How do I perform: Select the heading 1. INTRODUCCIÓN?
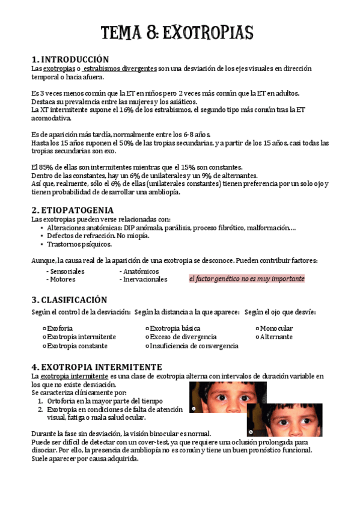click(70, 60)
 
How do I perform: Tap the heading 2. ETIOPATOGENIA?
click(72, 210)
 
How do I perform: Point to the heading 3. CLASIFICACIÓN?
click(69, 300)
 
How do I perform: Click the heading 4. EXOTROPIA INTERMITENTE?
click(96, 366)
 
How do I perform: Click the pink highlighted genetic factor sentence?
click(246, 279)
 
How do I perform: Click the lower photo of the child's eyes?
click(284, 419)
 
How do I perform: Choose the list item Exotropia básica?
click(174, 328)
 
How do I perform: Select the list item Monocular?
click(276, 328)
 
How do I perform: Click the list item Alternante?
click(276, 337)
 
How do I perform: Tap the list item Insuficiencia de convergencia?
click(194, 346)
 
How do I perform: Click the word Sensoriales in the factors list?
click(67, 271)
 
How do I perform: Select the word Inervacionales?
click(145, 280)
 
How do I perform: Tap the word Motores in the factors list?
click(63, 280)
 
